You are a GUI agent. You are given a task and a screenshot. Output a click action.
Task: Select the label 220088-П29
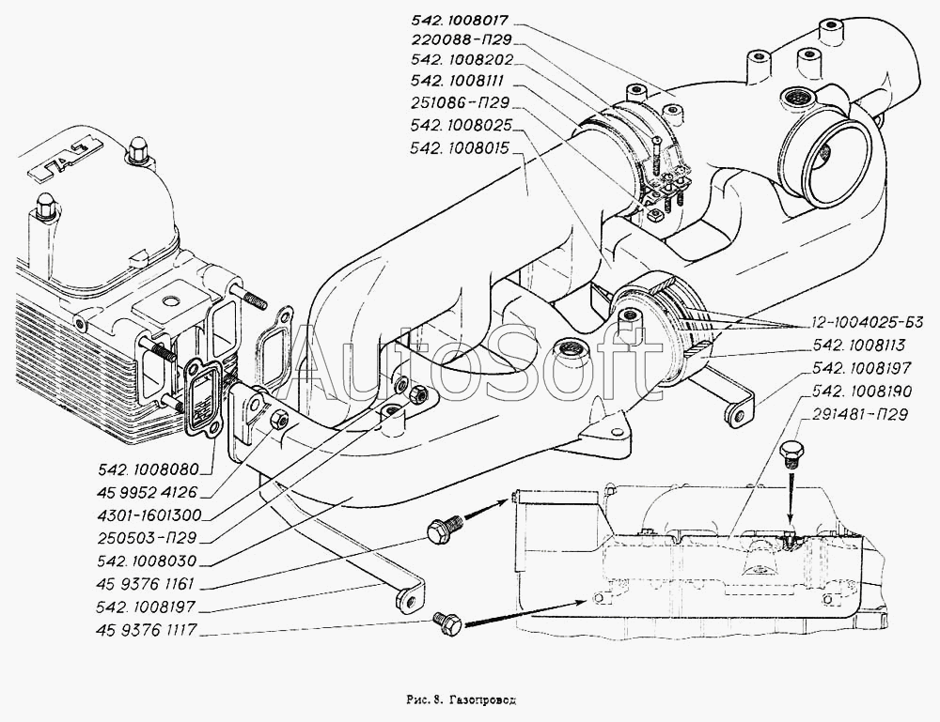pyautogui.click(x=461, y=39)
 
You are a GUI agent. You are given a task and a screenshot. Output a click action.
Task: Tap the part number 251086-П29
pyautogui.click(x=461, y=102)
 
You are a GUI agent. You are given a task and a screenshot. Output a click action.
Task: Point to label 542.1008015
pyautogui.click(x=461, y=147)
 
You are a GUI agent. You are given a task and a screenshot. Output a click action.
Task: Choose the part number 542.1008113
pyautogui.click(x=858, y=346)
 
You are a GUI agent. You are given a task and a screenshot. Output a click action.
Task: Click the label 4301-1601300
pyautogui.click(x=149, y=515)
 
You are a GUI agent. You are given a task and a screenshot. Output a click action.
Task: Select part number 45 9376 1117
pyautogui.click(x=146, y=629)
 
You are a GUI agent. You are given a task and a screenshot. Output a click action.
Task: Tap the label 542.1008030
pyautogui.click(x=146, y=561)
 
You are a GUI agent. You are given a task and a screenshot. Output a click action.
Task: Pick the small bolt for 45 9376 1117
pyautogui.click(x=447, y=622)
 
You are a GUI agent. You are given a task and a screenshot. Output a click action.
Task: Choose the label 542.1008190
pyautogui.click(x=861, y=391)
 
